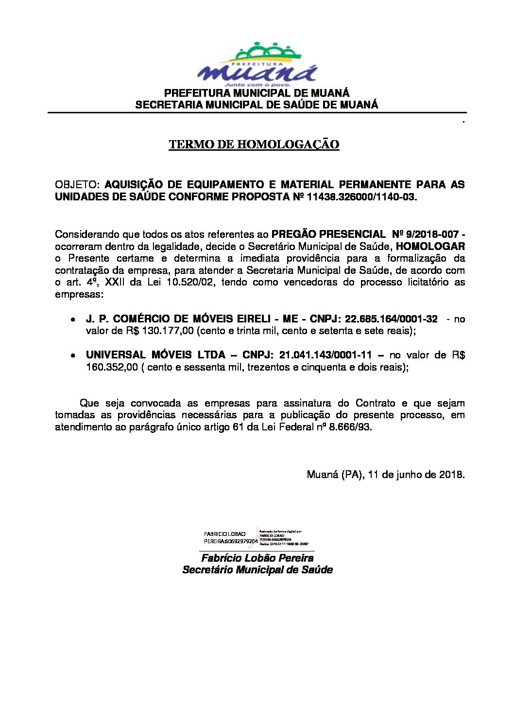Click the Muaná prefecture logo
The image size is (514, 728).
click(257, 66)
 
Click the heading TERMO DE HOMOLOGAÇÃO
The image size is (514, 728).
click(254, 144)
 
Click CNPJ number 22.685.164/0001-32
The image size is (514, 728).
click(391, 319)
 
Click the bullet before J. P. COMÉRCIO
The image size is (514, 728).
click(72, 320)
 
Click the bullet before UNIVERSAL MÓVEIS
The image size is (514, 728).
click(72, 356)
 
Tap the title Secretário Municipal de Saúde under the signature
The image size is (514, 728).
click(257, 570)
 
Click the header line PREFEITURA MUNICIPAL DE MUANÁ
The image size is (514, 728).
click(257, 93)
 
